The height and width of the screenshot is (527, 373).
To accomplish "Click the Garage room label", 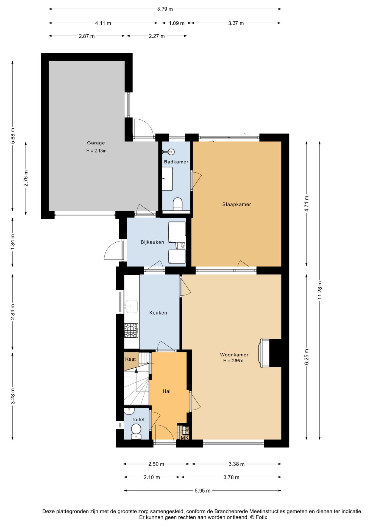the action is (96, 143).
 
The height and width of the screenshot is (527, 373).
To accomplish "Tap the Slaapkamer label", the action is (236, 204).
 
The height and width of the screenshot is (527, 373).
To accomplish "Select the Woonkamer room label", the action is (234, 355).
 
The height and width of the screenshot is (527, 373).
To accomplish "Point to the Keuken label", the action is (158, 313).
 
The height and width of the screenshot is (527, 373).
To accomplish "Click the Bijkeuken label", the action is (152, 242).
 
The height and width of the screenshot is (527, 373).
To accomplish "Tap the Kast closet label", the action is (130, 359).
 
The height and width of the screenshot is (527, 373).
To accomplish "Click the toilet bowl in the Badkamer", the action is (178, 204).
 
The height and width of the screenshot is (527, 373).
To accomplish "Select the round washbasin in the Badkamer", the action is (171, 152).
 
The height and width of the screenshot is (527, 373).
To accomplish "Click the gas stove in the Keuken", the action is (131, 330).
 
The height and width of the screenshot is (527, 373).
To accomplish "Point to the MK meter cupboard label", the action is (185, 438).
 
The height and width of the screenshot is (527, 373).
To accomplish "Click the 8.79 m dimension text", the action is (165, 9).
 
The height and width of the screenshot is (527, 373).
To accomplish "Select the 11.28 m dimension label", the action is (319, 290).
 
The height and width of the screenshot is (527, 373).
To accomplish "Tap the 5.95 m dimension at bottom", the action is (203, 490).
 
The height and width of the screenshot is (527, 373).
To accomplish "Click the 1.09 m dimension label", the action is (177, 23).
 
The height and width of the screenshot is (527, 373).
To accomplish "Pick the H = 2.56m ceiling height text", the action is (233, 361).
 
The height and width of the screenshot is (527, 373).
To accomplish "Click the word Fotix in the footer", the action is (261, 517).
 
